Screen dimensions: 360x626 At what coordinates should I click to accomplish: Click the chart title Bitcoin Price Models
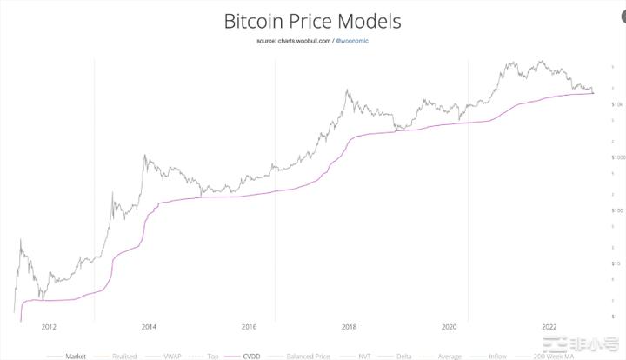313,20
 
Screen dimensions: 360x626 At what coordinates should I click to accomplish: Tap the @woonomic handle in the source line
353,41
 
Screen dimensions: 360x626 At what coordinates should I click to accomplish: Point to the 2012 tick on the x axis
49,327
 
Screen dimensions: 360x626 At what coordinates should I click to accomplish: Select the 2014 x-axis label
149,327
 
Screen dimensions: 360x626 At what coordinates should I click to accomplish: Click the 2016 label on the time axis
249,327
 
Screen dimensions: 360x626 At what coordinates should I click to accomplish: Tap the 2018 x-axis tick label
349,327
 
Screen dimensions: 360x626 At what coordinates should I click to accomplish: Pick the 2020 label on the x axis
449,327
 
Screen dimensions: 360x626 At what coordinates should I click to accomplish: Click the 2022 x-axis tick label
549,327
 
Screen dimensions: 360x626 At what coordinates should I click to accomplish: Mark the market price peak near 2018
347,89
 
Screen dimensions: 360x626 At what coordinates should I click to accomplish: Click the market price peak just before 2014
144,157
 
